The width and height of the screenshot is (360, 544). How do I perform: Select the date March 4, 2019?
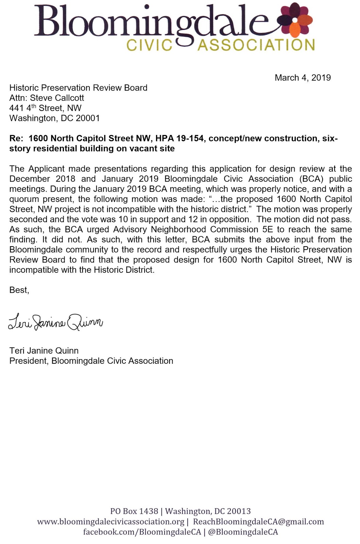[303, 78]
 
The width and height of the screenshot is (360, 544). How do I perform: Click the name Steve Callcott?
[57, 98]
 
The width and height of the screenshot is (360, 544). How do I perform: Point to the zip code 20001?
[88, 118]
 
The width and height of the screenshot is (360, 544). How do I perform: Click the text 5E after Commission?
[268, 230]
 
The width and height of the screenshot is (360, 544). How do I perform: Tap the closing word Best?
[19, 290]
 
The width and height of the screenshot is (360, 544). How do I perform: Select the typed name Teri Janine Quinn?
[44, 351]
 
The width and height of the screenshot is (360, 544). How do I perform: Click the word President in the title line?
[29, 361]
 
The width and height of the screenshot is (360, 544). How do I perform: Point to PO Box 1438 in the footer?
[134, 511]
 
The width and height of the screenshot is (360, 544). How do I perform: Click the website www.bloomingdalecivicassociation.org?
[110, 522]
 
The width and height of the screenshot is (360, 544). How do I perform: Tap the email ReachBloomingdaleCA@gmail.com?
[258, 522]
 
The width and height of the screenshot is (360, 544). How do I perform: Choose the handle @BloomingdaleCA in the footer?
[243, 532]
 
